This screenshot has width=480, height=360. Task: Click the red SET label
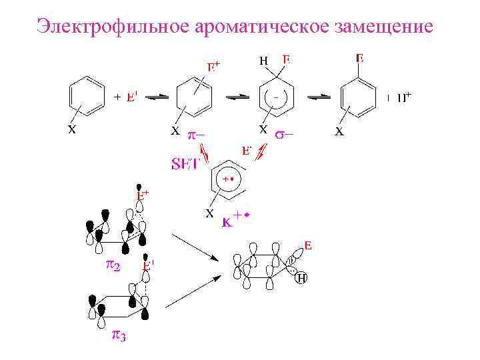pyautogui.click(x=185, y=163)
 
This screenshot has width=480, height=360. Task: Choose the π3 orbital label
pyautogui.click(x=118, y=335)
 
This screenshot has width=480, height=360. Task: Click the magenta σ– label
pyautogui.click(x=285, y=133)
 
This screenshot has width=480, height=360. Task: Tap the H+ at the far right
pyautogui.click(x=400, y=98)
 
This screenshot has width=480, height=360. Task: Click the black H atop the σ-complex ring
pyautogui.click(x=263, y=61)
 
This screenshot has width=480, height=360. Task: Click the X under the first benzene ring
pyautogui.click(x=71, y=131)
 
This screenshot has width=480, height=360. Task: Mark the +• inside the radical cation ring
pyautogui.click(x=229, y=180)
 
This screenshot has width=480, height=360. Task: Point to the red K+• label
pyautogui.click(x=237, y=217)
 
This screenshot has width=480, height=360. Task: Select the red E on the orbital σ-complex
pyautogui.click(x=307, y=247)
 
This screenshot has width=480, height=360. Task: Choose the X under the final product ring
pyautogui.click(x=339, y=132)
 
